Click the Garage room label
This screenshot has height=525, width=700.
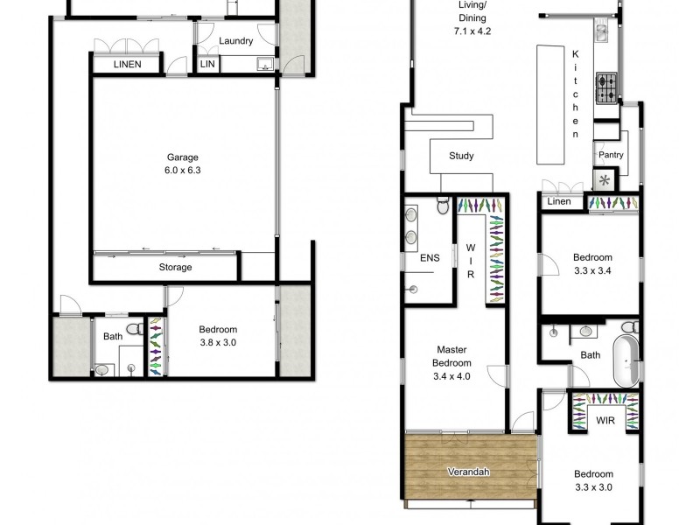coord(184,157)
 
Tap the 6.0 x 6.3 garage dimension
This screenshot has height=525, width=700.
coord(184,171)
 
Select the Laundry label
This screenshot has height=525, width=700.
coord(236,41)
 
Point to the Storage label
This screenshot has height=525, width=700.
coord(175,267)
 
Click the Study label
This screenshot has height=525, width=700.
coord(461,157)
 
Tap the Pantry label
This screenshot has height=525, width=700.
coord(610,154)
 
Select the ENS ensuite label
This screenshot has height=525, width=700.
coord(429,258)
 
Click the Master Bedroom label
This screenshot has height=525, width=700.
coord(453,356)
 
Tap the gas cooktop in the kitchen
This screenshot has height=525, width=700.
coord(606,85)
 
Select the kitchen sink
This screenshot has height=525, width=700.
coord(603,32)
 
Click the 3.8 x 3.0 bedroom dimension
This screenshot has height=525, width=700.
coord(218,342)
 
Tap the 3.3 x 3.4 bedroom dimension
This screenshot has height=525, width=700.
coord(592,270)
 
